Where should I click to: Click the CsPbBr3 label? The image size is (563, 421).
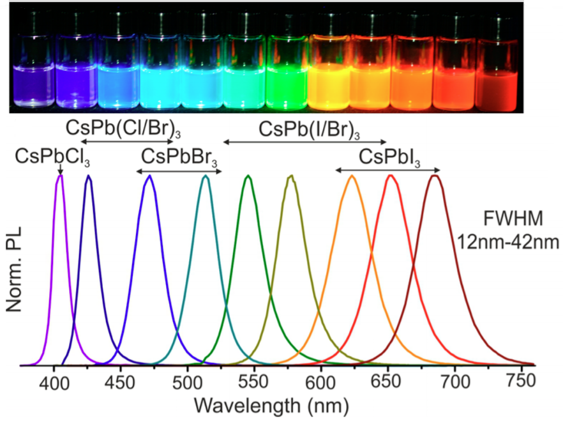point(179,156)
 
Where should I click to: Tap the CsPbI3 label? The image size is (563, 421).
point(389,156)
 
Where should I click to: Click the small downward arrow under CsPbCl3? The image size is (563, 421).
point(59,169)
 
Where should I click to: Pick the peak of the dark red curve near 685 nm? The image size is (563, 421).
point(435,176)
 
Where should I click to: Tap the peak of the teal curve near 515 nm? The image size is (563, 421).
point(206,176)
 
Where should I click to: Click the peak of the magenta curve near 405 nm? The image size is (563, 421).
point(60,176)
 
